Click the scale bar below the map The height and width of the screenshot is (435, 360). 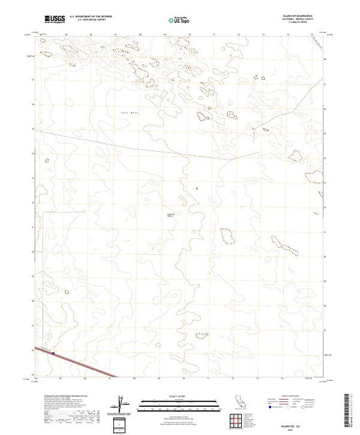click(176, 409)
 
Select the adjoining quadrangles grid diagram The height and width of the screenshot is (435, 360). click(240, 420)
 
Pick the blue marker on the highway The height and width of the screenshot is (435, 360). click(53, 354)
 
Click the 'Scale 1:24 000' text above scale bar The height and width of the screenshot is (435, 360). click(176, 398)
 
